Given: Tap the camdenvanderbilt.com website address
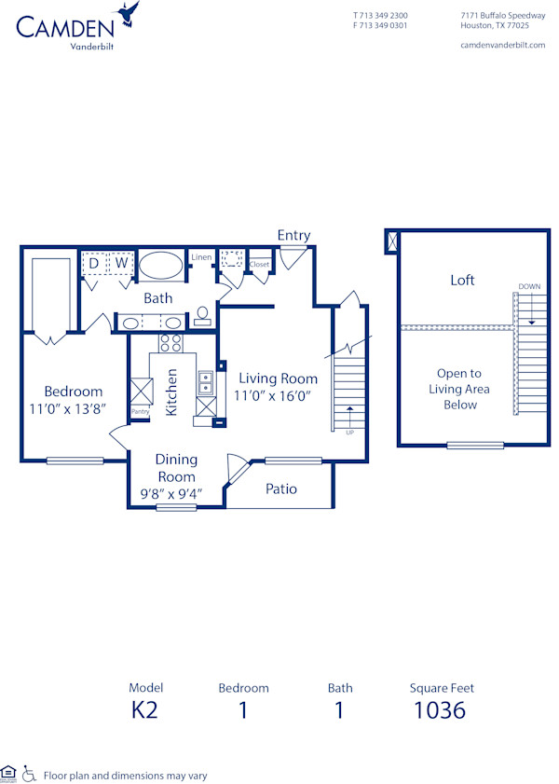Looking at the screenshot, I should click(502, 46).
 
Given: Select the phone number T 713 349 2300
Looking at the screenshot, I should click(380, 16).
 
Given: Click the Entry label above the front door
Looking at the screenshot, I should click(293, 236).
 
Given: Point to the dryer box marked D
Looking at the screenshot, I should click(94, 264).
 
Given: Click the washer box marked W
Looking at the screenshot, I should click(120, 264).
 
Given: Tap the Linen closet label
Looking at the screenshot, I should click(201, 257).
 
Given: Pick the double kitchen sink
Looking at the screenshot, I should click(205, 382).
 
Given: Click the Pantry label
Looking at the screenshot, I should click(140, 411).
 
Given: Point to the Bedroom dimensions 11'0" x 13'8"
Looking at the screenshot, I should click(73, 408).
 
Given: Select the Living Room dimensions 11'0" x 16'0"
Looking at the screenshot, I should click(278, 395).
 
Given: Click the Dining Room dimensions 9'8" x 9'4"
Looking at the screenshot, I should click(176, 493).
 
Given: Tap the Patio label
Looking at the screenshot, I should click(281, 488).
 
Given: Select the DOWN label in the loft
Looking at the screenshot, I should click(528, 286).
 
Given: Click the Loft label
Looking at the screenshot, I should click(462, 280).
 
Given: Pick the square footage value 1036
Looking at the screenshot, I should click(441, 710).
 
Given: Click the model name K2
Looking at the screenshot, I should click(144, 710).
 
